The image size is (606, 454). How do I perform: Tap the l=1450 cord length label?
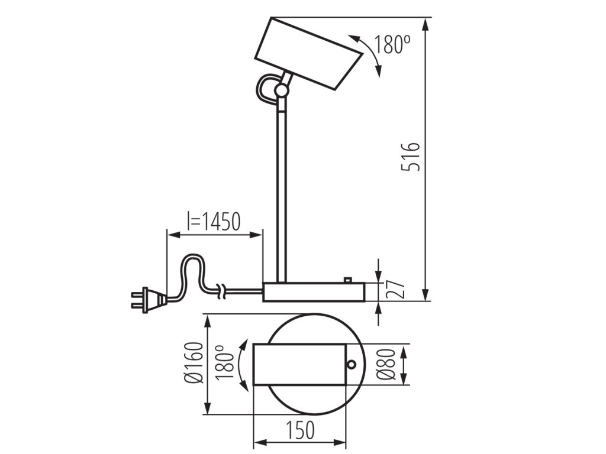coord(214,222)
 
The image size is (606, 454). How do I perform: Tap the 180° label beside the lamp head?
coord(392,44)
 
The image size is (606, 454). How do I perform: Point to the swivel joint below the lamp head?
coord(282,90)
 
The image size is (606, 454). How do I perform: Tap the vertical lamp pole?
coord(282,189)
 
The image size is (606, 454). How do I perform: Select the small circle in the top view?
coord(352,364)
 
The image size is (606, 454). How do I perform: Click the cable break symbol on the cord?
coord(221,290)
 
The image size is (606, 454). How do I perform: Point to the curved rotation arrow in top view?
coord(241,365)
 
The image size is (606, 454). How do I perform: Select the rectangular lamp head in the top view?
coord(299,365)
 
